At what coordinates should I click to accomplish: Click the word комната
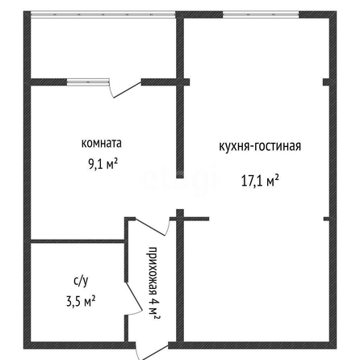(102, 143)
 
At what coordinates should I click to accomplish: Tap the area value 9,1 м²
(103, 164)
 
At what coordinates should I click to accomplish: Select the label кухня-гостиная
(260, 146)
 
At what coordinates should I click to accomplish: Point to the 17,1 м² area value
(260, 181)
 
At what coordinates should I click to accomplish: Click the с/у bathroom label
(81, 281)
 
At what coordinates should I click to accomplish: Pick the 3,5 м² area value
(81, 301)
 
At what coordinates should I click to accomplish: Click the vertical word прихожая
(153, 270)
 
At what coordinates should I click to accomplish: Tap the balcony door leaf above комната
(127, 89)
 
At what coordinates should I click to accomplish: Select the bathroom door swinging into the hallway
(134, 298)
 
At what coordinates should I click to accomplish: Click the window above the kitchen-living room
(261, 15)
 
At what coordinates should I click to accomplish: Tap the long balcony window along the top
(103, 15)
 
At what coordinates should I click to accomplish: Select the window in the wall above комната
(88, 82)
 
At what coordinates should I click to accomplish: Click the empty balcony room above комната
(103, 48)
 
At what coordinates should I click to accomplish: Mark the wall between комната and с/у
(77, 241)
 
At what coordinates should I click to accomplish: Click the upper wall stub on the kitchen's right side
(326, 82)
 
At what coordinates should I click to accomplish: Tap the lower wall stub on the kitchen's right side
(326, 219)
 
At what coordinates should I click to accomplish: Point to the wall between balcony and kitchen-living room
(180, 48)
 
